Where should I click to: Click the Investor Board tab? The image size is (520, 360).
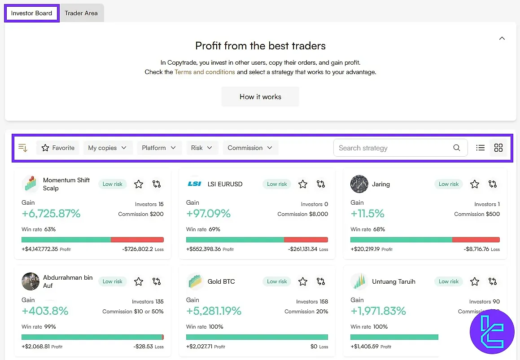coord(31,13)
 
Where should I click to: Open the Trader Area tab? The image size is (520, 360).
coord(81,13)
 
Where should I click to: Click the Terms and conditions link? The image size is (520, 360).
coord(205,72)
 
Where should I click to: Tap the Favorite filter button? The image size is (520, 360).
coord(58,148)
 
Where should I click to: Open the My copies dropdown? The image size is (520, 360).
coord(108,148)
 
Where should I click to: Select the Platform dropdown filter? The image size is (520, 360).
coord(159,148)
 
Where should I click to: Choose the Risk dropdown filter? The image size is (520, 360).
coord(202,148)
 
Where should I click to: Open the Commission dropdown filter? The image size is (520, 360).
coord(250,148)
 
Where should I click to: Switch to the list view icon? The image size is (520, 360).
coord(480,148)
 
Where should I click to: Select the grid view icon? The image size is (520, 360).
coord(498,148)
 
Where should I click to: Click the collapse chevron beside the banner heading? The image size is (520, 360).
coord(502,39)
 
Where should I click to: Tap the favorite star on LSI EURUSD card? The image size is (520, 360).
coord(303,184)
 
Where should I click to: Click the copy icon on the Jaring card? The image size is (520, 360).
coord(493,184)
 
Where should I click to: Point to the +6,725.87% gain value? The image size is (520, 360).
coord(51,214)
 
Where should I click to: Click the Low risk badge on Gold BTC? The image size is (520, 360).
coord(277,281)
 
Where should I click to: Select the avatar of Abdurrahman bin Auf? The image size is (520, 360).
coord(31,281)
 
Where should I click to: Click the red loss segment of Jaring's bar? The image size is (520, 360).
coord(476,240)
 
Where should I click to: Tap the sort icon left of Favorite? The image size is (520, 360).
coord(23,148)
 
